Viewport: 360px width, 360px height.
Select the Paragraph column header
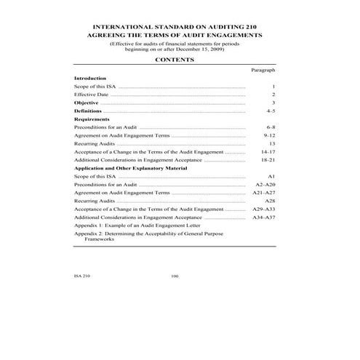coord(263,70)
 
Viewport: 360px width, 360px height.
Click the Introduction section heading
coord(90,78)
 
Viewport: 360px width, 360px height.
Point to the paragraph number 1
coord(273,87)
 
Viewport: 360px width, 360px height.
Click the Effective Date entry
coord(92,95)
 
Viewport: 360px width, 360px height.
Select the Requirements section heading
coord(92,119)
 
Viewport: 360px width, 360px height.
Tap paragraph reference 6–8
coord(271,127)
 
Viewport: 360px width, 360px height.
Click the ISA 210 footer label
coord(82,276)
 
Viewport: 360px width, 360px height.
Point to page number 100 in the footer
coord(174,276)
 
